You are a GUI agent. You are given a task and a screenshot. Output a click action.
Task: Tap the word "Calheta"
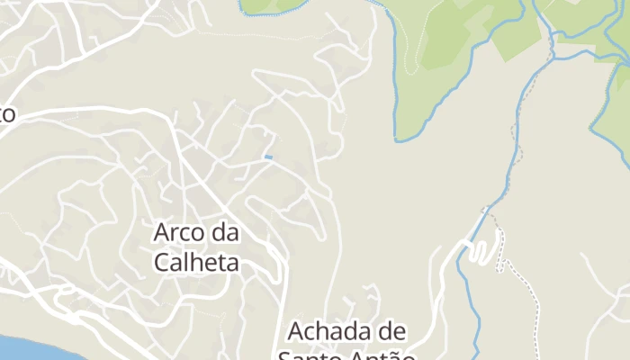[196, 262]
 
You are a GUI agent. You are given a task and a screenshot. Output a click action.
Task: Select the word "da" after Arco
[225, 233]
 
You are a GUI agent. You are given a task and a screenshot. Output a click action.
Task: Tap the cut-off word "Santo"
[310, 355]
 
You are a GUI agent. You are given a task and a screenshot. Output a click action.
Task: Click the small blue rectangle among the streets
[267, 157]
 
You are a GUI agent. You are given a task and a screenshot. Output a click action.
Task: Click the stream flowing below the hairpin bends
[465, 288]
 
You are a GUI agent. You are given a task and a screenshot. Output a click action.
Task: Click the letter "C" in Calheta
[162, 262]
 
